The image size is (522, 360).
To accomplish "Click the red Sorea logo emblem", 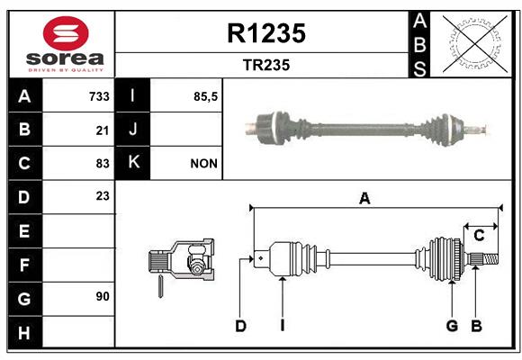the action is tap(66, 33).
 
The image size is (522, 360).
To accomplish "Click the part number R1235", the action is tap(266, 33).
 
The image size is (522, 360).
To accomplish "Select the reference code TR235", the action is tap(266, 65).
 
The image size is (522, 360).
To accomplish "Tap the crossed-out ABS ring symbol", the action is tap(475, 44).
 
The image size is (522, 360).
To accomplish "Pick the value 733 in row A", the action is tap(99, 96).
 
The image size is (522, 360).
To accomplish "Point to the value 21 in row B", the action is tap(103, 130).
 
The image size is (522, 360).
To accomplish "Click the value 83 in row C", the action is tap(103, 164).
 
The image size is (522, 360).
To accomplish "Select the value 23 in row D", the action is tap(103, 196).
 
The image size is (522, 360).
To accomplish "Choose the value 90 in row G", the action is tap(103, 296).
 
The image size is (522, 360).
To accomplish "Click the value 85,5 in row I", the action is tap(205, 97).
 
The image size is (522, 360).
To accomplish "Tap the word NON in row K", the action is tap(203, 164).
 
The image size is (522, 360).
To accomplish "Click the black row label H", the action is tap(25, 332).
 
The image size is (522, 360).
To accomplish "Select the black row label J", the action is tap(132, 130).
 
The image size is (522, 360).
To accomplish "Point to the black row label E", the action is tap(25, 230).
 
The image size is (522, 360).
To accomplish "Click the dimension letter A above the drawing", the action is tap(364, 199).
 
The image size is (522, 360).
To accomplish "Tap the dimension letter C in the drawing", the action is tap(479, 236).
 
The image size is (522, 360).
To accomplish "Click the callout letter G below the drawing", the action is tap(452, 326).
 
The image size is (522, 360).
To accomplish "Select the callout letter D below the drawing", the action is tap(240, 326).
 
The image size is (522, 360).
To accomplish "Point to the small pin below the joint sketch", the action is tap(160, 286).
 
